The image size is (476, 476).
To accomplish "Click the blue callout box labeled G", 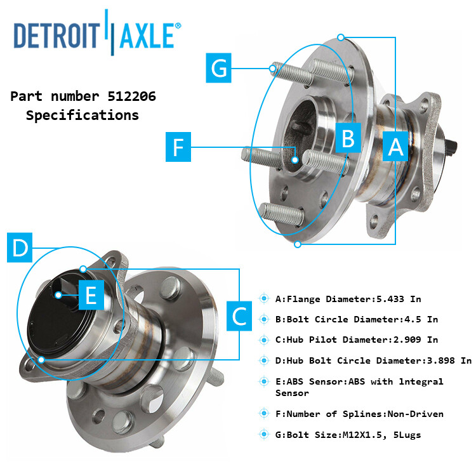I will (220, 67).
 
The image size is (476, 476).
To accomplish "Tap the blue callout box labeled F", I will (178, 148).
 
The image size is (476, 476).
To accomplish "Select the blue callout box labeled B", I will (348, 138).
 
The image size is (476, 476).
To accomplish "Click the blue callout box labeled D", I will (21, 248).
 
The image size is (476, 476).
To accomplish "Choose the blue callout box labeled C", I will (239, 315).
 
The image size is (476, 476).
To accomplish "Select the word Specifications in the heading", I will (83, 116).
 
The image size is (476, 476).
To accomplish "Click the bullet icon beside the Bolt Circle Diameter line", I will (265, 319).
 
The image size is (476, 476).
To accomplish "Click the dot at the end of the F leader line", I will (296, 160).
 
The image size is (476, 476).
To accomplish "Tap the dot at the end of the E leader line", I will (58, 294).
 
